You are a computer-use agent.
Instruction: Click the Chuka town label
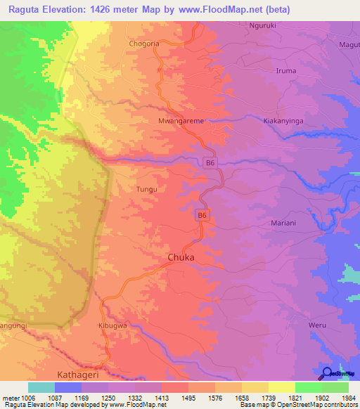181,258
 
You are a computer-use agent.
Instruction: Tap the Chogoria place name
146,44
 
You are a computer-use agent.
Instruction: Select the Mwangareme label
181,122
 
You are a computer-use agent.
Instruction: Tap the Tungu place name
146,190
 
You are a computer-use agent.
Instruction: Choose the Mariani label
285,223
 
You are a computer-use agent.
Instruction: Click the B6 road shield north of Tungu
209,163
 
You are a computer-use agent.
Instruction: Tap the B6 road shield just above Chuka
202,216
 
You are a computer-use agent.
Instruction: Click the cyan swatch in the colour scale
41,387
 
